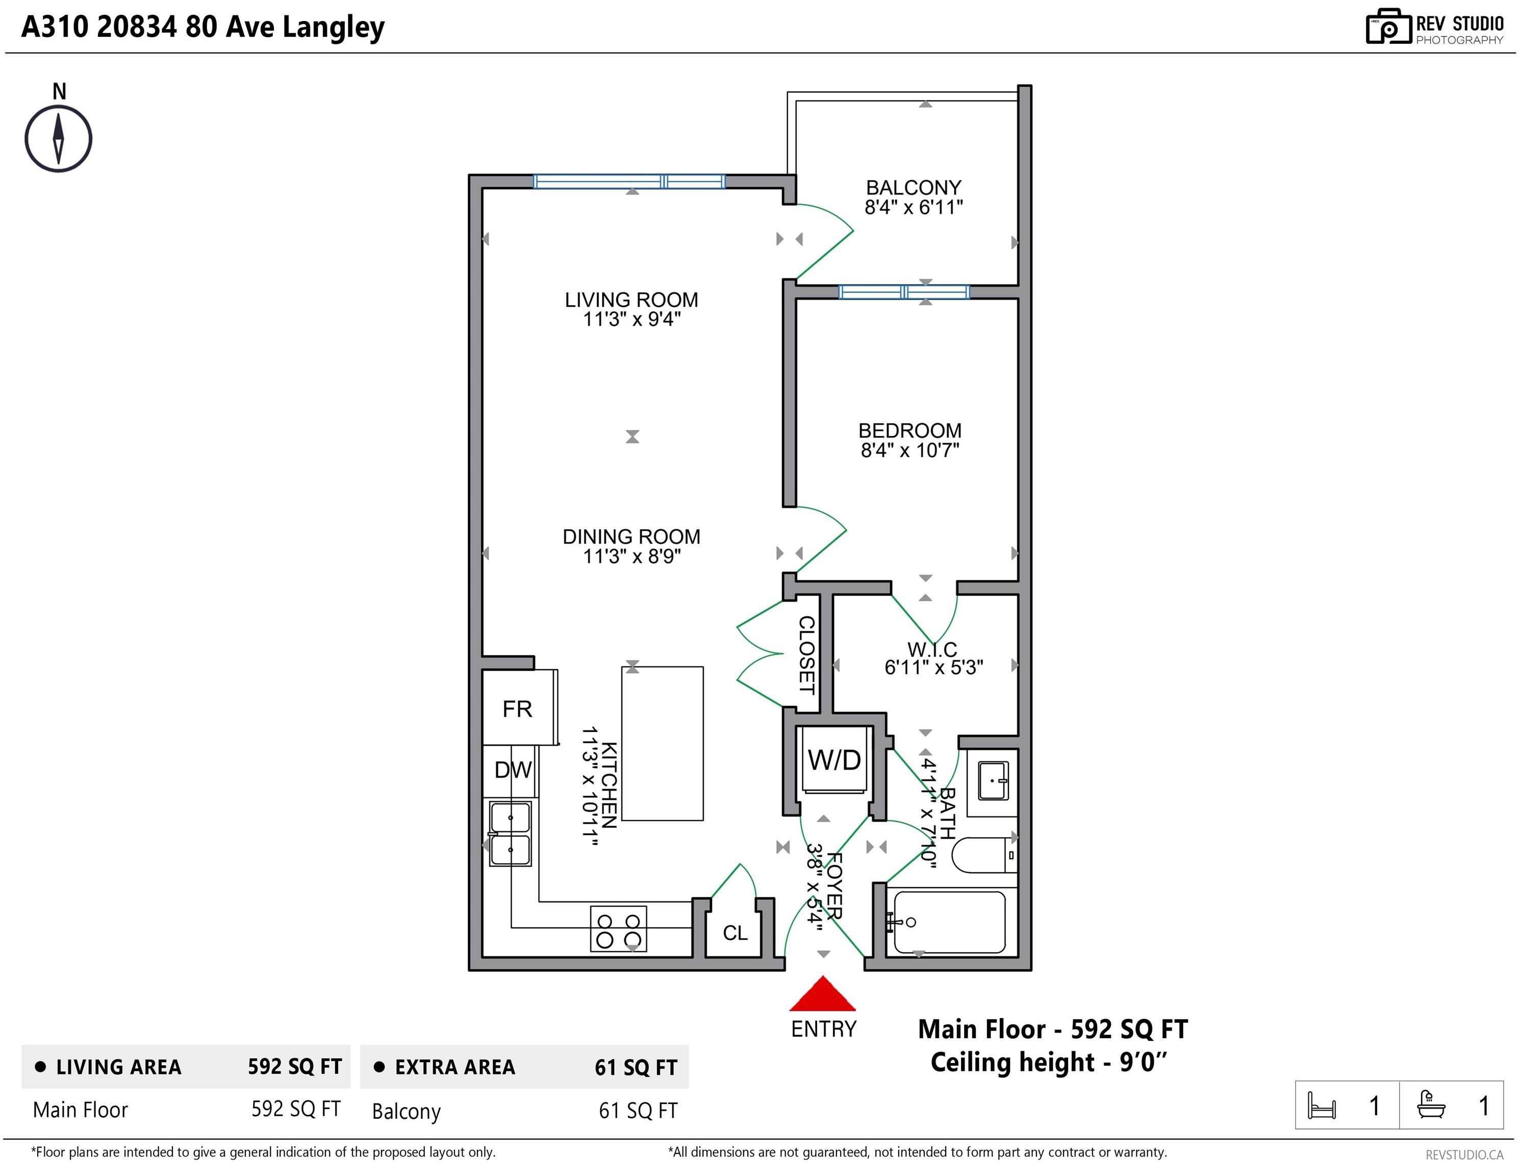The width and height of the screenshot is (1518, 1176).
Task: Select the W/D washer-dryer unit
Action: (834, 760)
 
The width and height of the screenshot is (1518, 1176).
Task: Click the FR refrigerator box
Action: (519, 707)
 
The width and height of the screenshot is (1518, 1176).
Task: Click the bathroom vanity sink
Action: (993, 781)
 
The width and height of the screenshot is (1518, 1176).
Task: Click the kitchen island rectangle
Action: (663, 744)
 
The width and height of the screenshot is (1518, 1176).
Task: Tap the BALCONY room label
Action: (914, 188)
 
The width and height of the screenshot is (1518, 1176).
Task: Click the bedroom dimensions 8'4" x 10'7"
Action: (910, 450)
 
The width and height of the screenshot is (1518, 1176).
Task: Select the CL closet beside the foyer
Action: (735, 933)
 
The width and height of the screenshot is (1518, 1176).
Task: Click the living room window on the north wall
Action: (629, 182)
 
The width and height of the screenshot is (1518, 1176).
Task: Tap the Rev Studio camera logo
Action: (1388, 27)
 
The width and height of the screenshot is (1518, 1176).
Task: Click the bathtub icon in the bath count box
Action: (1431, 1105)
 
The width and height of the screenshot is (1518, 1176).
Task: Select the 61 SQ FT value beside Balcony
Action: (638, 1111)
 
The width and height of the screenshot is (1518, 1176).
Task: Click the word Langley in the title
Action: (334, 28)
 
